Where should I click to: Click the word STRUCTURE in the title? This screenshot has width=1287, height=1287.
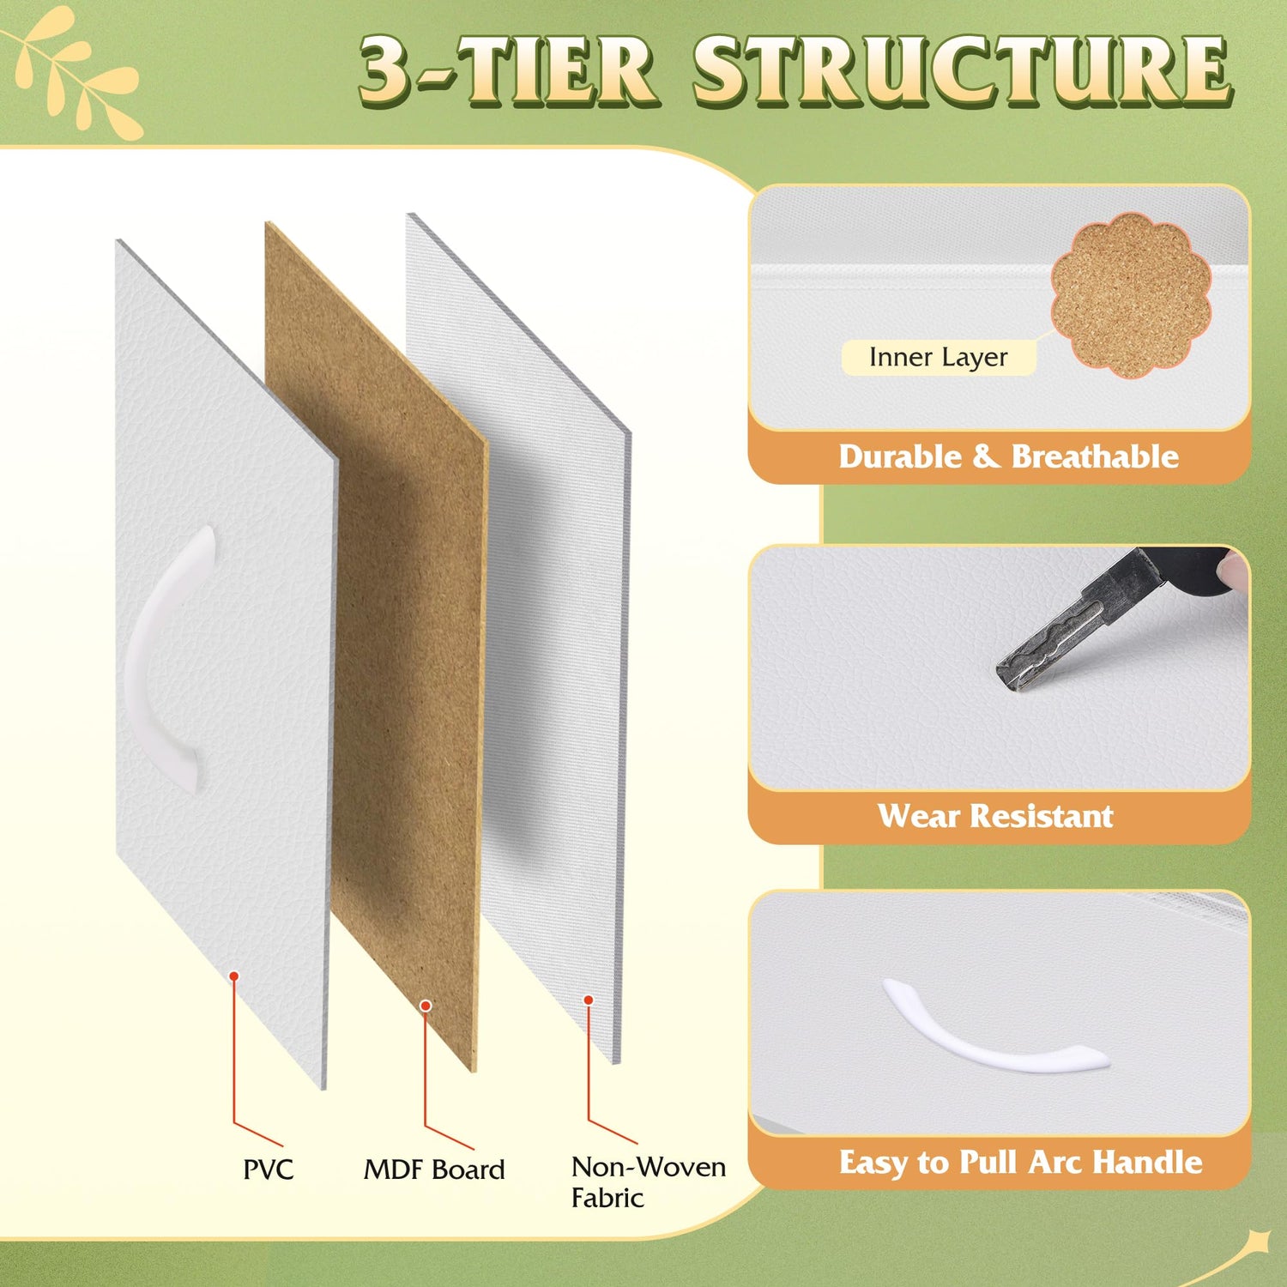coord(962,71)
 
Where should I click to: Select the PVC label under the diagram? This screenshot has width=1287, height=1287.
coord(269,1169)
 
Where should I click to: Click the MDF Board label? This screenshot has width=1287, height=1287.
coord(434,1169)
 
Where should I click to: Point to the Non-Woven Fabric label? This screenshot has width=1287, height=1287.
coord(649,1182)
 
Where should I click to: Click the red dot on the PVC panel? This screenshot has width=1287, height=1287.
coord(233,976)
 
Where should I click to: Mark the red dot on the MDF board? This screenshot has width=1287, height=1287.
coord(425,1005)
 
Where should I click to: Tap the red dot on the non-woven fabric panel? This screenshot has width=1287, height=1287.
coord(589,1000)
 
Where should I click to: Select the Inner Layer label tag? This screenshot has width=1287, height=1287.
coord(939,357)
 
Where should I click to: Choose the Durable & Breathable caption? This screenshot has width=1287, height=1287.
coord(1008,456)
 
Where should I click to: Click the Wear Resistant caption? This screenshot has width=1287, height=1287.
coord(995,815)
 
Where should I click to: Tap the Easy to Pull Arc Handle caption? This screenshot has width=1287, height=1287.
coord(1020,1162)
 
